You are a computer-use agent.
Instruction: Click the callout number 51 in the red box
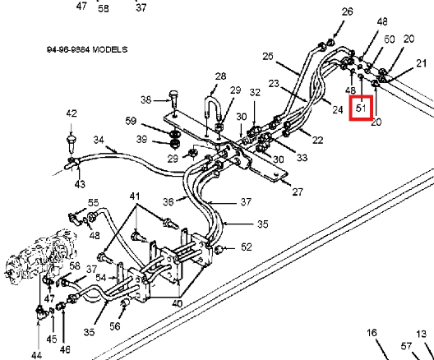pyautogui.click(x=361, y=108)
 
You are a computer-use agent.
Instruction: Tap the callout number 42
pyautogui.click(x=72, y=113)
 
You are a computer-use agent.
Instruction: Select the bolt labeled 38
pyautogui.click(x=173, y=99)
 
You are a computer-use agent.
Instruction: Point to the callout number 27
pyautogui.click(x=298, y=192)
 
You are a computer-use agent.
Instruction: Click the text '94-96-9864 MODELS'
pyautogui.click(x=87, y=50)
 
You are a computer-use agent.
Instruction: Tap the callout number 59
pyautogui.click(x=131, y=121)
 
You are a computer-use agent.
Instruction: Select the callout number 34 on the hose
pyautogui.click(x=99, y=140)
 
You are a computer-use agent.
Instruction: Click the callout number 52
pyautogui.click(x=247, y=247)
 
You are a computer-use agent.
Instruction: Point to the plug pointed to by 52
pyautogui.click(x=219, y=249)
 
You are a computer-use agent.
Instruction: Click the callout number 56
pyautogui.click(x=115, y=326)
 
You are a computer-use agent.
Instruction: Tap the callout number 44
pyautogui.click(x=37, y=355)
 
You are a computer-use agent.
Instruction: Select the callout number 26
pyautogui.click(x=348, y=12)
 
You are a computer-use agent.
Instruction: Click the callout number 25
pyautogui.click(x=268, y=57)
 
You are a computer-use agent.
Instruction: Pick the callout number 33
pyautogui.click(x=302, y=158)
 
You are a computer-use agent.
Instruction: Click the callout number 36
pyautogui.click(x=169, y=201)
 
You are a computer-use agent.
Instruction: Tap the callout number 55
pyautogui.click(x=93, y=203)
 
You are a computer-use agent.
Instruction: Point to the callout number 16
pyautogui.click(x=372, y=333)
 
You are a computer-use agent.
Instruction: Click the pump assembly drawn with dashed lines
pyautogui.click(x=40, y=257)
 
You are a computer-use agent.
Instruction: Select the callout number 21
pyautogui.click(x=422, y=63)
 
